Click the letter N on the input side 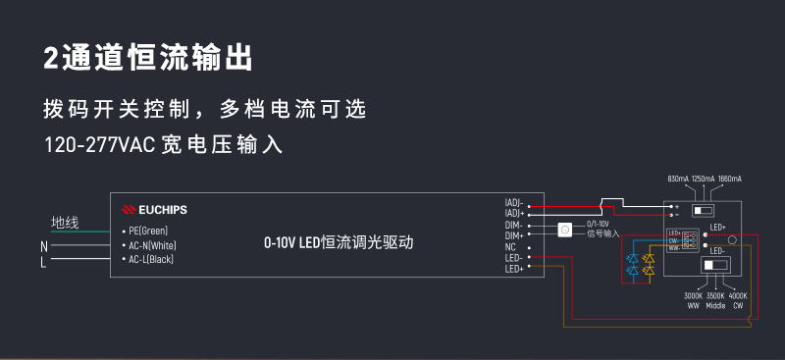(44, 245)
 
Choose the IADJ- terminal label (513, 203)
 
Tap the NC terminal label (510, 247)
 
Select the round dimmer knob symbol (564, 231)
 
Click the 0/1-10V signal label (598, 225)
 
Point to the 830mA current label (678, 180)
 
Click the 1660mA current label (729, 180)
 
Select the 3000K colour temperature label (693, 295)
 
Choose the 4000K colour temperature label (738, 295)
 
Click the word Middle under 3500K (715, 306)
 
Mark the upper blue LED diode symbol (632, 258)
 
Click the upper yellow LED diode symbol (648, 258)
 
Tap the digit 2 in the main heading (51, 57)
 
